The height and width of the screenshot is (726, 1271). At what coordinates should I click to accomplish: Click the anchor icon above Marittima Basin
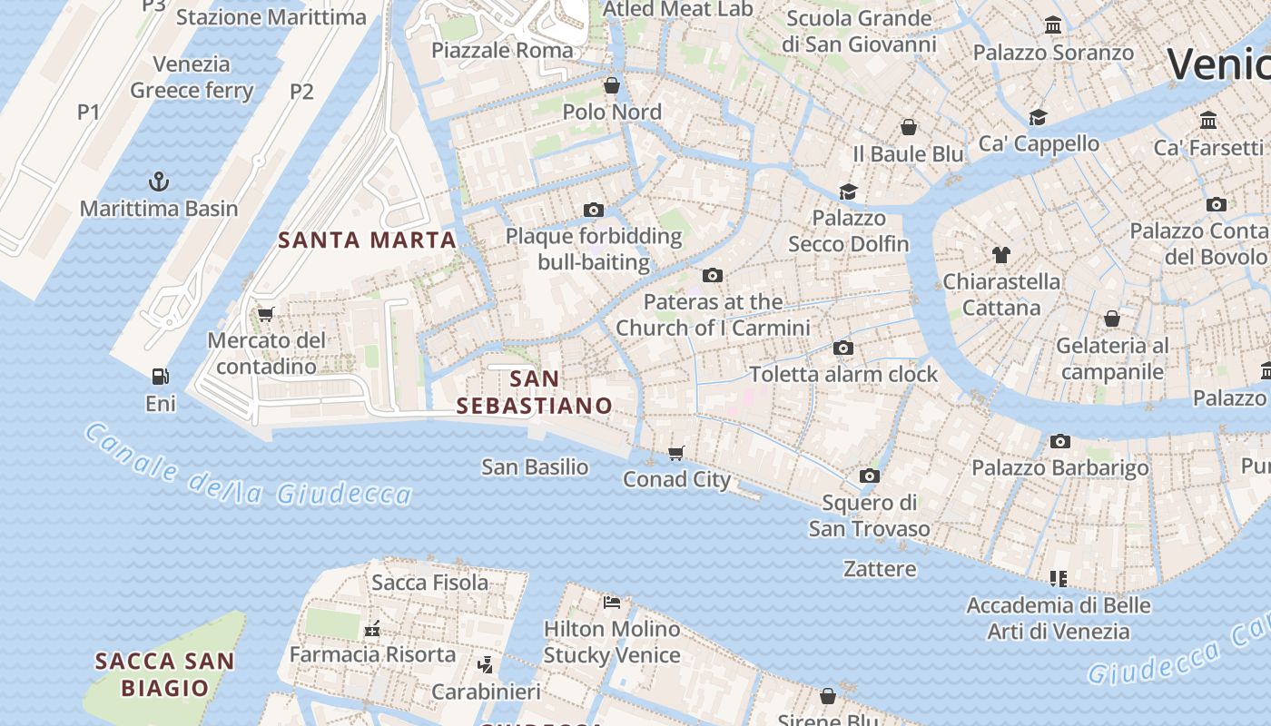coord(159,181)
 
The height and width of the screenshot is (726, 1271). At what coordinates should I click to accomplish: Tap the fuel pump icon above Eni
coord(160,376)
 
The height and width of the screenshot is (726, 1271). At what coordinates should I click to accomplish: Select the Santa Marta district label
coord(367,240)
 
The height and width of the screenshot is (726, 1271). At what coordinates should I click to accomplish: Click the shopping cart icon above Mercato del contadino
coord(265,314)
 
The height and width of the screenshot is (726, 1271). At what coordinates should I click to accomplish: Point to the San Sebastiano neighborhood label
coord(534,392)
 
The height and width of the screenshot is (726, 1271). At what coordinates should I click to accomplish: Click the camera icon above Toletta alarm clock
coord(842,348)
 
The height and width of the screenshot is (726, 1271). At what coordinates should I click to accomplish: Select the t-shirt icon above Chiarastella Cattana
coord(1001,255)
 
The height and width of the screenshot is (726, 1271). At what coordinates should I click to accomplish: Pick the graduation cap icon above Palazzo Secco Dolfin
coord(848,191)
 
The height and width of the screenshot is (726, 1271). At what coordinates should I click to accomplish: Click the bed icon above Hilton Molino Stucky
coord(612,602)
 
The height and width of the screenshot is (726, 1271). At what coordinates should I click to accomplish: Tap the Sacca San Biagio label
coord(164,674)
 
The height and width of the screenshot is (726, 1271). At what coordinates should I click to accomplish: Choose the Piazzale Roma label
coord(502,50)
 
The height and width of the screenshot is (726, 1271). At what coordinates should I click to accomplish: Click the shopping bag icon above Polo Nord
coord(612,85)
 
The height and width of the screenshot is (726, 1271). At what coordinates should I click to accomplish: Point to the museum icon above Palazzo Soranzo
coord(1053,25)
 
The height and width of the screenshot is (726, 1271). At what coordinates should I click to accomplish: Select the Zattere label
coord(880,569)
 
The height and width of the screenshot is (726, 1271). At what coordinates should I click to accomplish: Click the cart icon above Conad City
coord(675,453)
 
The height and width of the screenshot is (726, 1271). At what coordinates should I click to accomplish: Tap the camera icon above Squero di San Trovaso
coord(869,476)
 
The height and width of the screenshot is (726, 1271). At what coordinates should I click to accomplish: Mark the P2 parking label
coord(301,91)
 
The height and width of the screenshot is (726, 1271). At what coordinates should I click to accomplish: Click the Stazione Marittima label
coord(271,17)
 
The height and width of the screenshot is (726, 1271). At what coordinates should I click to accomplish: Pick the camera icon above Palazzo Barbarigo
coord(1059,442)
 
